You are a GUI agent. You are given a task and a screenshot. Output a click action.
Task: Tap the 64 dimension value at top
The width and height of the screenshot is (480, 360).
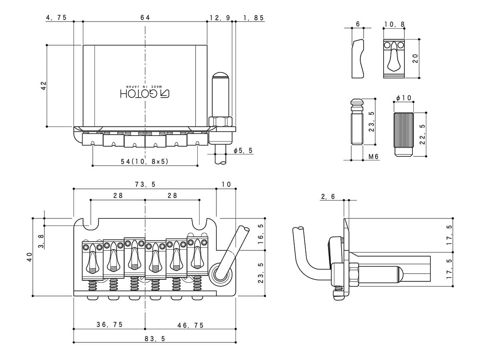tap(145, 18)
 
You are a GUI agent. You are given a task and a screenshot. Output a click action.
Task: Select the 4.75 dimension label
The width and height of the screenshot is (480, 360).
tap(56, 18)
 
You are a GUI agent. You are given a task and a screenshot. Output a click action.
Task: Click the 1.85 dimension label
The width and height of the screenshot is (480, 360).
tap(254, 18)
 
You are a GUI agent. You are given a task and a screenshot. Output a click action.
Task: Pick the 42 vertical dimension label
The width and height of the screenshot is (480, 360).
tap(44, 86)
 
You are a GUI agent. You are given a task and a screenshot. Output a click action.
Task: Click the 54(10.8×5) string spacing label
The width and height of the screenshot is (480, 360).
tap(144, 162)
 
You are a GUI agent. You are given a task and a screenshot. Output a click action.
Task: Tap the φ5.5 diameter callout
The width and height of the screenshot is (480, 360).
tap(243, 150)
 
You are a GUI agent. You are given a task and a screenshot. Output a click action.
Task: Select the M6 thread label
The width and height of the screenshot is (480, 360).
tap(373, 156)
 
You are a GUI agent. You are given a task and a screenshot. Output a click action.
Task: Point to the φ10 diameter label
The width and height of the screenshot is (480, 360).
tap(404, 98)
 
